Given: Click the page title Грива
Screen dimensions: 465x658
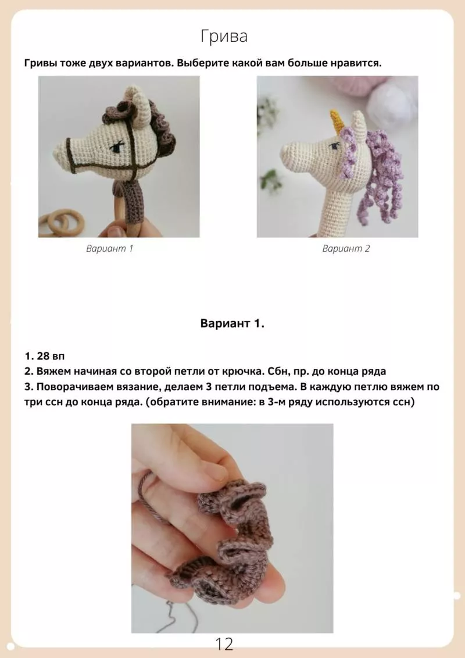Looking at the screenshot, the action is [224, 37].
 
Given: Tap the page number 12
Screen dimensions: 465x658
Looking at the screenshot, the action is [224, 643].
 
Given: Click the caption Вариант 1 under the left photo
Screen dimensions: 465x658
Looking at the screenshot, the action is [109, 248].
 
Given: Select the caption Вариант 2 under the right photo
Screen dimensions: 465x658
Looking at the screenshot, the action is [346, 248].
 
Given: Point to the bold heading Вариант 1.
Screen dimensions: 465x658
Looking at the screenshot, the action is [232, 324].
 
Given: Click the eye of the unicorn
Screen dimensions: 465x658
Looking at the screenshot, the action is [334, 146].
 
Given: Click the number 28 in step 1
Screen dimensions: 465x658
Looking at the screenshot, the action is [43, 356].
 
